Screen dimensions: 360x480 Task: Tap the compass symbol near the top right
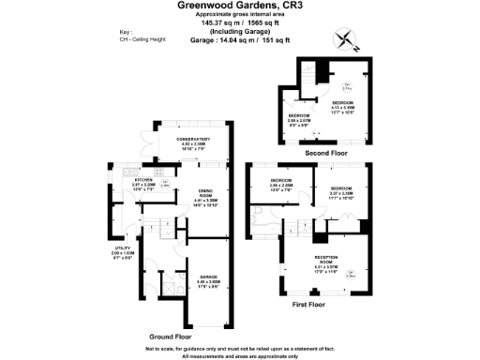click(x=346, y=38)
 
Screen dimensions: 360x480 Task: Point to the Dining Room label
click(x=205, y=196)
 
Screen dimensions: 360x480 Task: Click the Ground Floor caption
click(x=171, y=334)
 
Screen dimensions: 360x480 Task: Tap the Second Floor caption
click(x=327, y=151)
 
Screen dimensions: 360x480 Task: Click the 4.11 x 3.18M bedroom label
click(x=342, y=105)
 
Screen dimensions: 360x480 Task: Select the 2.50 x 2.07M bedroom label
click(x=299, y=121)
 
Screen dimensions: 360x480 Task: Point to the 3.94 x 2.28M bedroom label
click(x=281, y=183)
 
